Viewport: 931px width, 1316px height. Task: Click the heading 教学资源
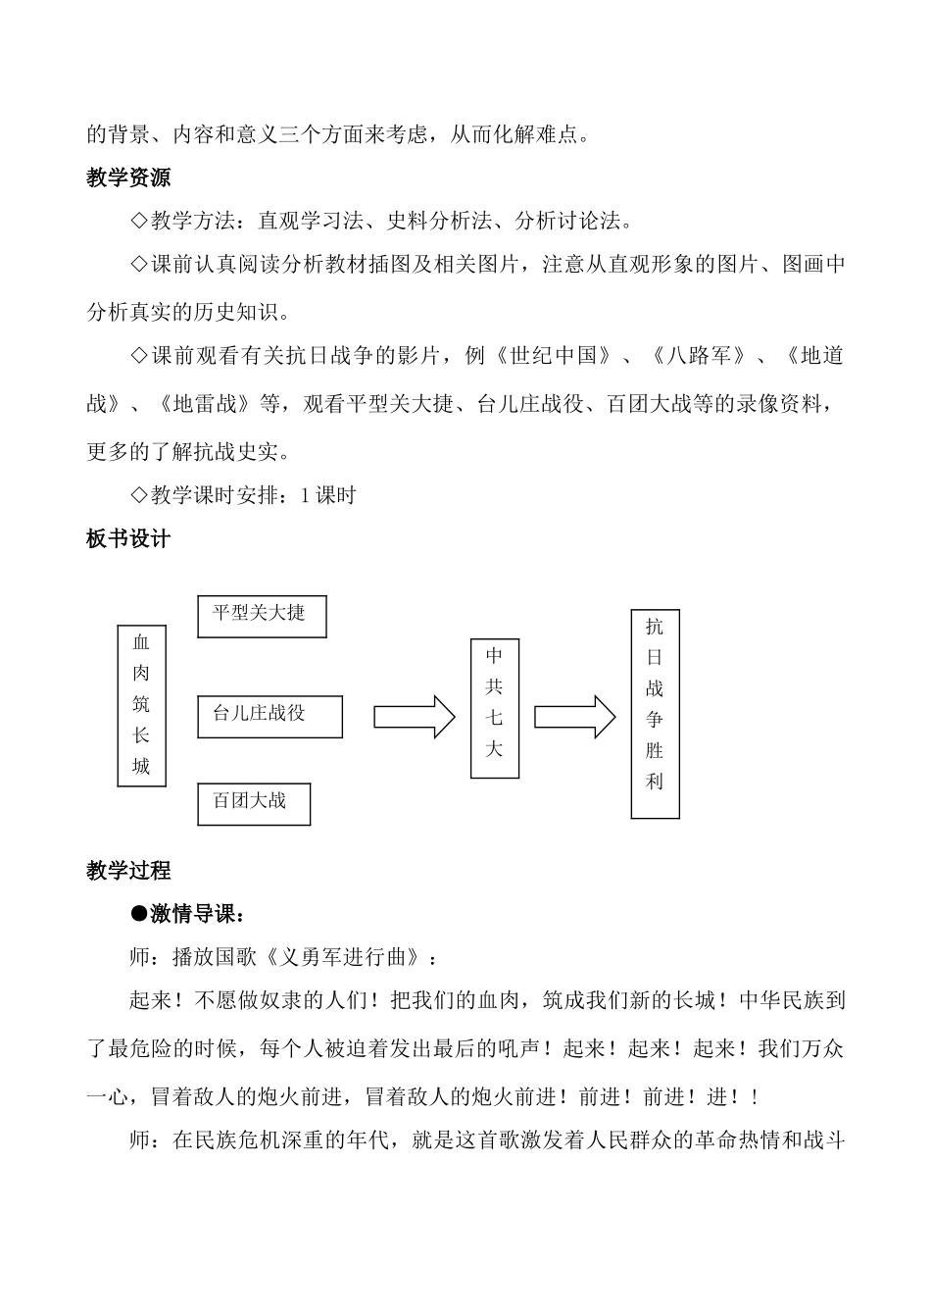pos(128,177)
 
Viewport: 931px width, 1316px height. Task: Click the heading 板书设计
pos(128,538)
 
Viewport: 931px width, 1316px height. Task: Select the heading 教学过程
pos(128,870)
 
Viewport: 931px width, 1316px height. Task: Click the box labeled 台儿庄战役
pos(269,716)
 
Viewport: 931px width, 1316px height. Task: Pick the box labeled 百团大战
pos(254,803)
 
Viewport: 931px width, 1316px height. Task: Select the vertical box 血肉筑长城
pos(141,705)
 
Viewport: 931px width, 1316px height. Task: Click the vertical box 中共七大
pos(494,709)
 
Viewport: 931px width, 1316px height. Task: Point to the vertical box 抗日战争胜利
pos(655,714)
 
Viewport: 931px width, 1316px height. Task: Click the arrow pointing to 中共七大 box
pos(415,717)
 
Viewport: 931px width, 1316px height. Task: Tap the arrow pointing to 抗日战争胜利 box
pos(574,717)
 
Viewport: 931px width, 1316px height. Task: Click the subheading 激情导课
pos(193,915)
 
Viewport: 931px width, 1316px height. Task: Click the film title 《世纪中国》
pos(553,356)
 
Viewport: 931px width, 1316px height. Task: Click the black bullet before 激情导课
pos(138,915)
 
